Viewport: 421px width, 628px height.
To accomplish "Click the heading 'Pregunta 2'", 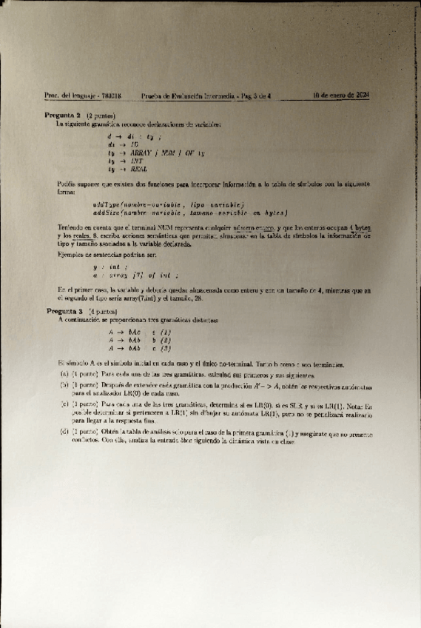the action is coord(63,117).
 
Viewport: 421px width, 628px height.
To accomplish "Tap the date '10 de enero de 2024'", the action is coord(340,96).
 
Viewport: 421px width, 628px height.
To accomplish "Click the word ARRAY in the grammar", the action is coord(139,153).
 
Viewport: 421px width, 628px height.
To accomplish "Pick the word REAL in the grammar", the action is coord(138,170).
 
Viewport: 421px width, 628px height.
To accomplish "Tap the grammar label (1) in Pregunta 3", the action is coord(166,332).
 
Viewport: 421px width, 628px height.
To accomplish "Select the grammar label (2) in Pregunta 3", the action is coord(166,340).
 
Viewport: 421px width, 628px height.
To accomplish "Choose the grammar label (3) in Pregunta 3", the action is coord(166,348).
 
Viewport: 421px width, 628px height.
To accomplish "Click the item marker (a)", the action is coord(64,374).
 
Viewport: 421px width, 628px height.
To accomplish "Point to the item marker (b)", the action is coord(64,387).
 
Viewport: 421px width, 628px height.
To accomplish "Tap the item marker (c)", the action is coord(64,405).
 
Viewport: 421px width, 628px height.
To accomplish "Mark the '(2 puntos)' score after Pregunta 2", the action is coord(99,117).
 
